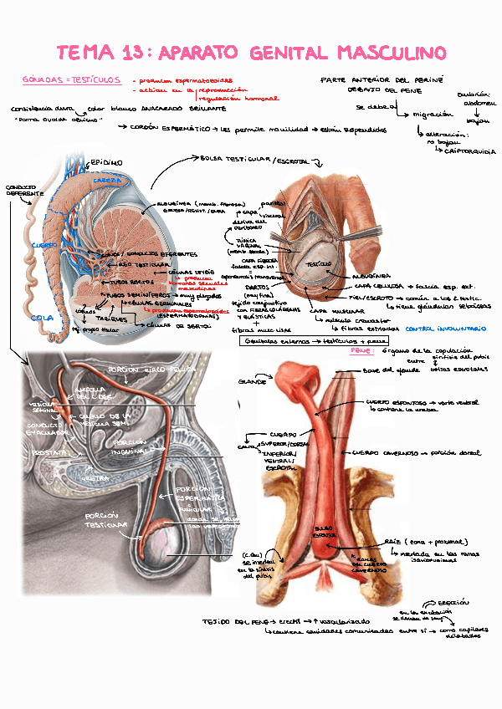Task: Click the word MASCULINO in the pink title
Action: [391, 53]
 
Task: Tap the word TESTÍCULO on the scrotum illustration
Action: [320, 263]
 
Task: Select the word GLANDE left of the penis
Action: [252, 381]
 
